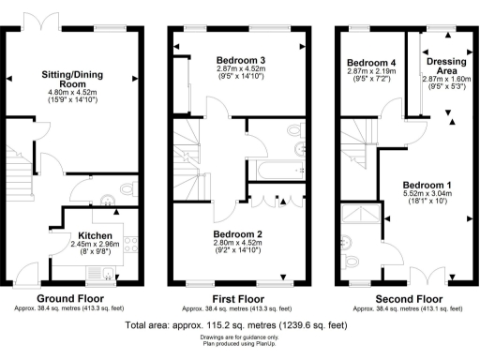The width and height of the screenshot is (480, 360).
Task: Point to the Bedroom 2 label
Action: pos(239,233)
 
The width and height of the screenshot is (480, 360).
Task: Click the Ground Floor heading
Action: pos(68,299)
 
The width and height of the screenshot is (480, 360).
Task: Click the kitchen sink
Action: pos(110,274)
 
